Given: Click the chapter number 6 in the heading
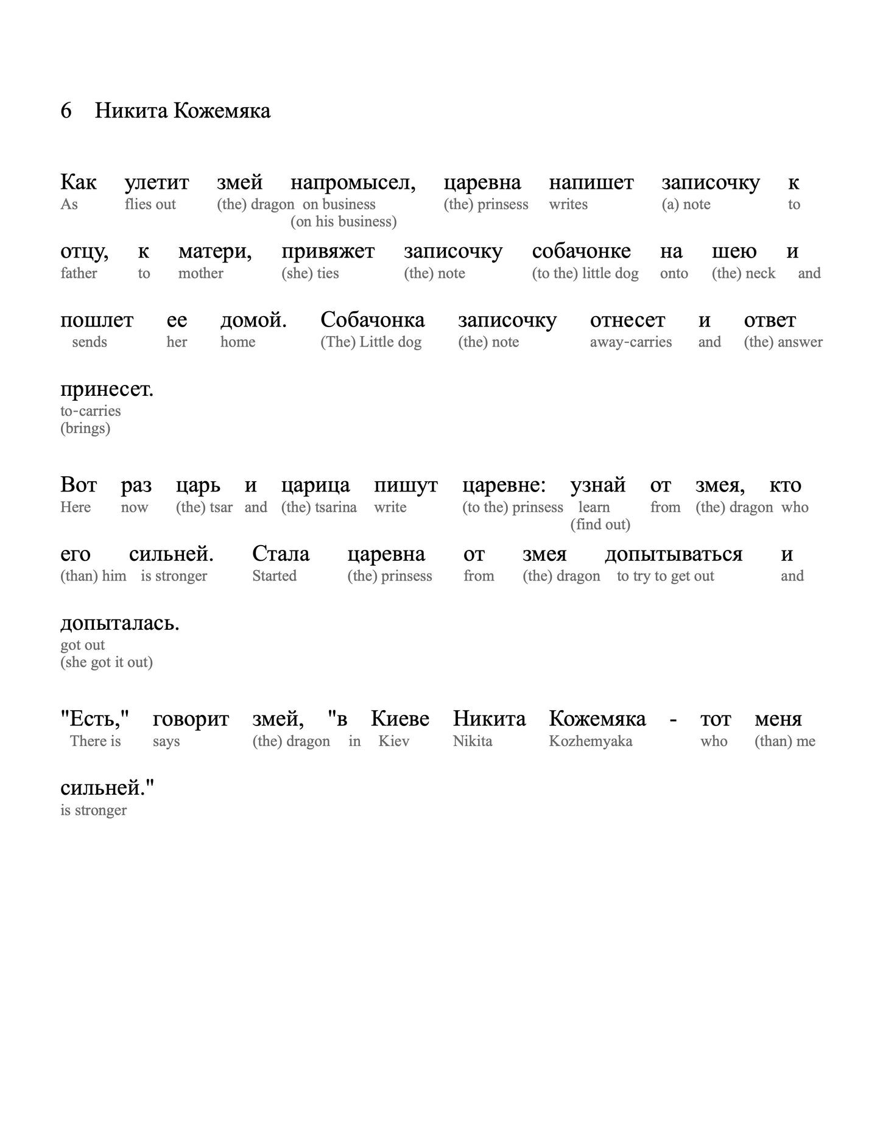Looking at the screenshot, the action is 66,111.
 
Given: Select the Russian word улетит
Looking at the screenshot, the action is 157,183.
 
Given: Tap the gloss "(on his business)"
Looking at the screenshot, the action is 343,222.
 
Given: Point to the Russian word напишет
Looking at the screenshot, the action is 591,183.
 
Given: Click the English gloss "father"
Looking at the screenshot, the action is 79,273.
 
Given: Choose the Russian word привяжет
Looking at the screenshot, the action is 328,252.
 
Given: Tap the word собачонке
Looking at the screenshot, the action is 581,252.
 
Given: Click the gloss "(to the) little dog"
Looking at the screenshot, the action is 585,273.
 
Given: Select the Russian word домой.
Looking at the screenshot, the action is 253,320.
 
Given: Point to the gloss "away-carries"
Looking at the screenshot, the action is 630,342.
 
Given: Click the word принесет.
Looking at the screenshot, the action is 107,389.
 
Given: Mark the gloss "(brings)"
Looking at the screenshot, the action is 85,429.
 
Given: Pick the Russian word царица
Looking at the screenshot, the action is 315,485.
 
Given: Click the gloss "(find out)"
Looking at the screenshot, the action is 600,524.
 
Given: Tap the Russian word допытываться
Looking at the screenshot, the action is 674,554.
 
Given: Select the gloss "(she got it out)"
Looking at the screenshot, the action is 106,663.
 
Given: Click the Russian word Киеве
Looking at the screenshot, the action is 400,719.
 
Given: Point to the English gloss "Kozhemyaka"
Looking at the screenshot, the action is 590,742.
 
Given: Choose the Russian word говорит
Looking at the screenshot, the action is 191,719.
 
